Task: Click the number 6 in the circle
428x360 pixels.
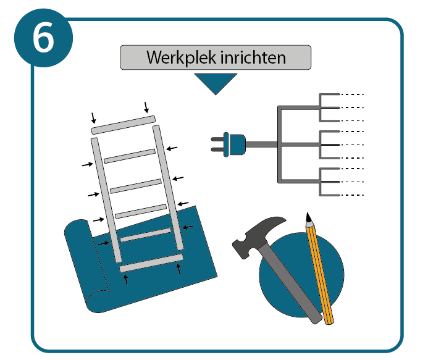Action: [x=43, y=37]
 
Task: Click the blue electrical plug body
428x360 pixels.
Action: [x=235, y=144]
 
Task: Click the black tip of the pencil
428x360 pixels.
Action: [x=308, y=217]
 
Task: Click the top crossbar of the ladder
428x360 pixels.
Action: [x=124, y=125]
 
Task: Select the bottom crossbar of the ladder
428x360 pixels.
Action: [x=151, y=263]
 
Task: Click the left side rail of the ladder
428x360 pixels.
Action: [x=106, y=200]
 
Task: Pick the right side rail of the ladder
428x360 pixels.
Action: [x=168, y=188]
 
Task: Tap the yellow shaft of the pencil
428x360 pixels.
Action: [x=320, y=274]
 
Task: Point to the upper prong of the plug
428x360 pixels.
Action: [x=217, y=139]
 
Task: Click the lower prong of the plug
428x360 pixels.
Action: [x=217, y=149]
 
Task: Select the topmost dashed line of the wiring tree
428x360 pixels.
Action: [x=352, y=94]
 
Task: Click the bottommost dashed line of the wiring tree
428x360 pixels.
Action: [x=352, y=195]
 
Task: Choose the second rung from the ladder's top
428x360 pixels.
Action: [x=130, y=156]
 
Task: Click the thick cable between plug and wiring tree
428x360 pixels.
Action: [x=261, y=144]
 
